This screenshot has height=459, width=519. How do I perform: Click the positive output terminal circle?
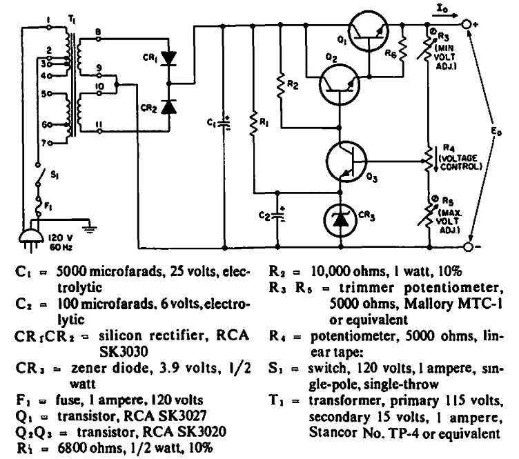tap(468, 25)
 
